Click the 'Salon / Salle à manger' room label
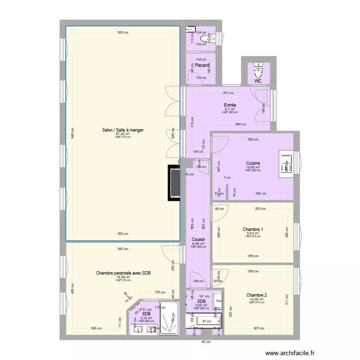(x=123, y=130)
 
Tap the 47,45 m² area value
(x=123, y=134)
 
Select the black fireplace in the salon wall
(x=173, y=183)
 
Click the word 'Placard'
(x=202, y=65)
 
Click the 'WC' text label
(x=258, y=81)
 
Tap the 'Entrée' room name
(x=230, y=105)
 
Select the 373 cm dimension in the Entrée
(x=228, y=93)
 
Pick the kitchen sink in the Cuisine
(x=287, y=163)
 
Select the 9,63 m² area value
(x=252, y=233)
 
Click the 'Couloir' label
(x=198, y=239)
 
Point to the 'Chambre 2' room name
(x=256, y=295)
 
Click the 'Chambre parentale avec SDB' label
(x=123, y=273)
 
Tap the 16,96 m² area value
(x=123, y=277)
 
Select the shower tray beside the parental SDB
(x=168, y=317)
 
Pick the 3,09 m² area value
(x=201, y=305)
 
